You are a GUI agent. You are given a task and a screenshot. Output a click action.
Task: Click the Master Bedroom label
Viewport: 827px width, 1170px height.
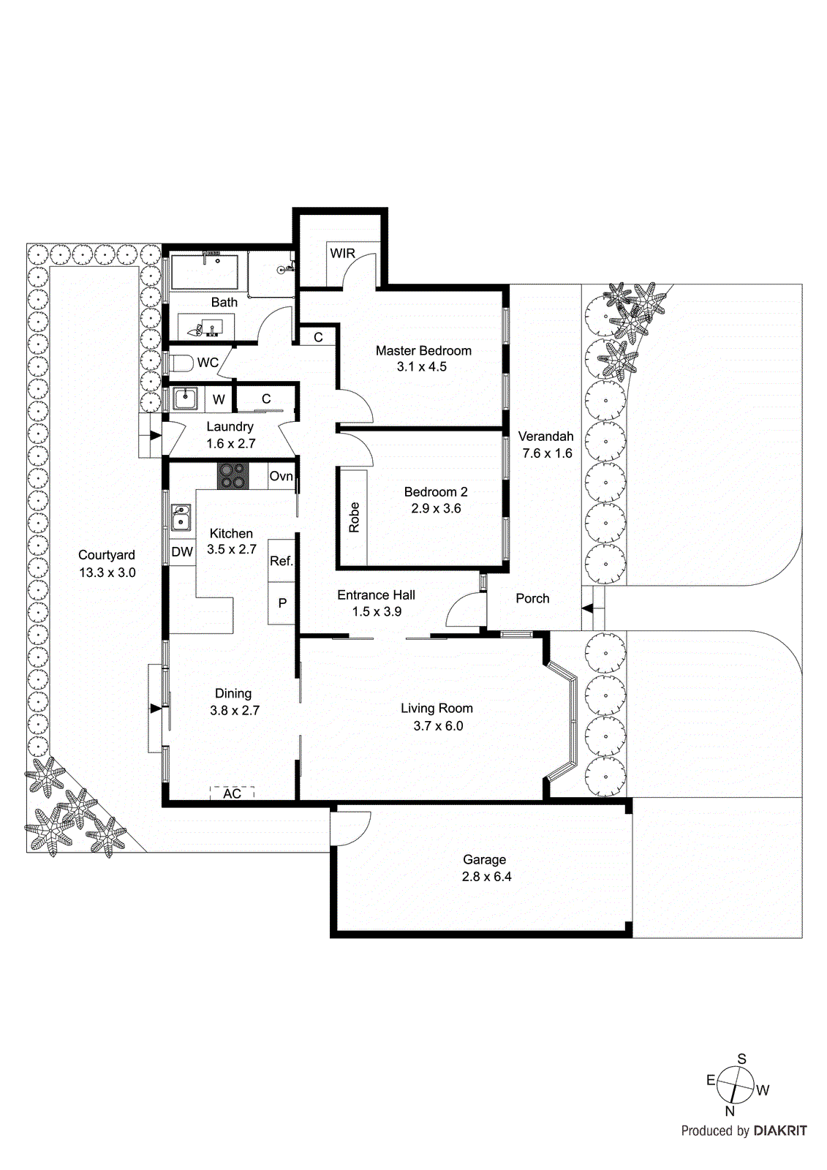[x=423, y=351]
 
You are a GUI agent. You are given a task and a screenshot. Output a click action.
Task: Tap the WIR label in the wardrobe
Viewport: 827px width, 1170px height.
[x=342, y=254]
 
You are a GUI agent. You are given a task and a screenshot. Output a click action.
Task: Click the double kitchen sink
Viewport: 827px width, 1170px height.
[x=181, y=517]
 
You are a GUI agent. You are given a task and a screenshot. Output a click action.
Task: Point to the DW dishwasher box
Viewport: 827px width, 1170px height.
[x=182, y=552]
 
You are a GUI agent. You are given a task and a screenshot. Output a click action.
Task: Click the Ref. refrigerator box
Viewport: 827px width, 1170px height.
[x=281, y=561]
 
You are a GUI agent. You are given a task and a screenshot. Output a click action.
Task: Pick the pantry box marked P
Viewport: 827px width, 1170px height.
[x=282, y=603]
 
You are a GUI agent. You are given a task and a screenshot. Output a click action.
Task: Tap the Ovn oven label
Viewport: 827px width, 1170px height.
[x=281, y=476]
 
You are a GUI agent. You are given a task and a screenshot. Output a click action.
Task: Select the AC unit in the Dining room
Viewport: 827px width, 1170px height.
[x=232, y=793]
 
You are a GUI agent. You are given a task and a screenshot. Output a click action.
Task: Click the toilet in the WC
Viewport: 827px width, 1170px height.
[x=179, y=363]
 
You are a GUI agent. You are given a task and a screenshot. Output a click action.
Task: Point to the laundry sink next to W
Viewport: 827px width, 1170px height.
[x=185, y=399]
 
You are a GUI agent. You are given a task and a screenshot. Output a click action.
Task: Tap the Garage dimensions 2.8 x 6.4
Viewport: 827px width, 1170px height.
[x=486, y=877]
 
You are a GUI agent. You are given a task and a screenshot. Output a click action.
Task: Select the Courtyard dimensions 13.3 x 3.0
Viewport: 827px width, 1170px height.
[x=107, y=573]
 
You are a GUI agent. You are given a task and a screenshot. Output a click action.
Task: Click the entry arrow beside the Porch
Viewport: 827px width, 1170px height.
[x=587, y=608]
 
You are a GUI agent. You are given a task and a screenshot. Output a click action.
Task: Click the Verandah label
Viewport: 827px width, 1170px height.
[x=545, y=437]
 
